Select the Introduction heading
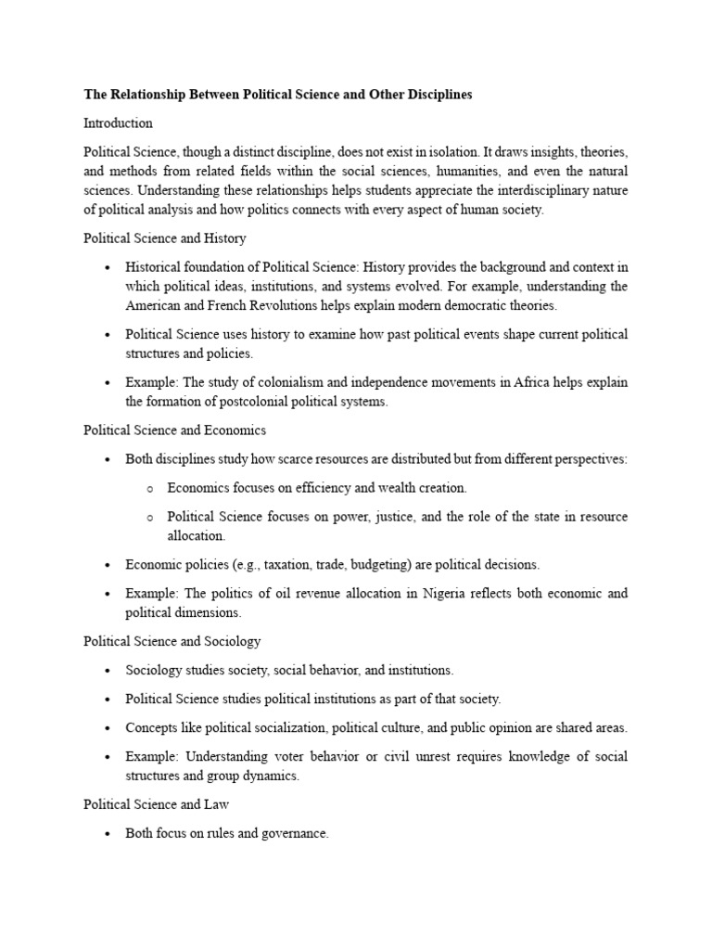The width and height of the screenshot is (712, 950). tap(118, 122)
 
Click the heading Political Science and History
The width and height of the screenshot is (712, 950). tap(160, 238)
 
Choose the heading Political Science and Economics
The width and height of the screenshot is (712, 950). tap(174, 430)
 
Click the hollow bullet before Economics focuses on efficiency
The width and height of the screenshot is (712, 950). tap(149, 488)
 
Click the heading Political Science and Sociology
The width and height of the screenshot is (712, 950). tap(172, 641)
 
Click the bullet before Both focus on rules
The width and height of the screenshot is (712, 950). tap(108, 834)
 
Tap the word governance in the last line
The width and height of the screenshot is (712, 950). tap(294, 833)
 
